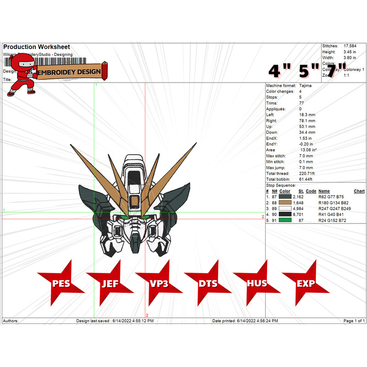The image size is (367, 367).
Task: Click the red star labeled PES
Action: click(x=61, y=283)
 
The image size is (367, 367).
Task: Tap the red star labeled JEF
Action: click(x=110, y=283)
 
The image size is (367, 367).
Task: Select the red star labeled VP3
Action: click(x=159, y=283)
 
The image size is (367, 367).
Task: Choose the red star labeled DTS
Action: click(x=208, y=283)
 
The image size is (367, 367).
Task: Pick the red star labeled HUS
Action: click(x=257, y=283)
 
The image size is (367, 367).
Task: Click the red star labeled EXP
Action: click(x=306, y=283)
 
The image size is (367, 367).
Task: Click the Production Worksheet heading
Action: click(x=37, y=47)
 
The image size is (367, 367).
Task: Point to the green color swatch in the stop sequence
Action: click(x=285, y=221)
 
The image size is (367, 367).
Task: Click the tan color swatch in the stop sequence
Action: click(x=285, y=202)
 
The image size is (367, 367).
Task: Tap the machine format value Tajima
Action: click(x=305, y=86)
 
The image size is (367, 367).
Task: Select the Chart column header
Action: click(x=359, y=191)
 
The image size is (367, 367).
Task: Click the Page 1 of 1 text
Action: click(x=354, y=321)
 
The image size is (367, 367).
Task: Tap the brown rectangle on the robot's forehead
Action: click(x=134, y=200)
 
